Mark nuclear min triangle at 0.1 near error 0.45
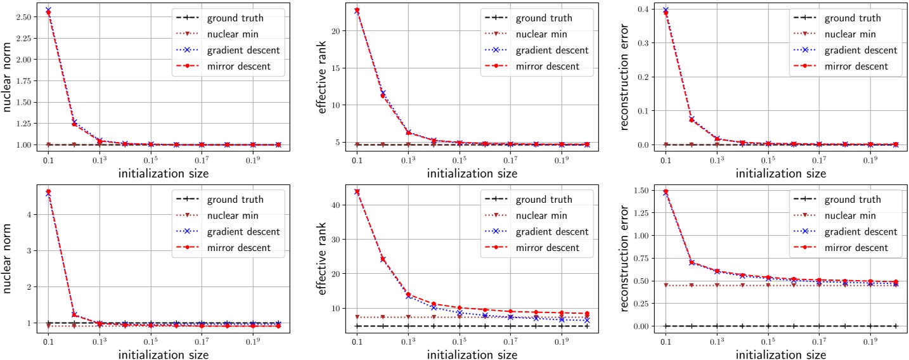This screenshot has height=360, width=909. click(666, 285)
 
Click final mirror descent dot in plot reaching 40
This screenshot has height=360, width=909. click(586, 314)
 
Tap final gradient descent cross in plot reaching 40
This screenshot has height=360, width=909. click(586, 320)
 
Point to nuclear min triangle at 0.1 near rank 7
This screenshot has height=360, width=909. click(357, 317)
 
